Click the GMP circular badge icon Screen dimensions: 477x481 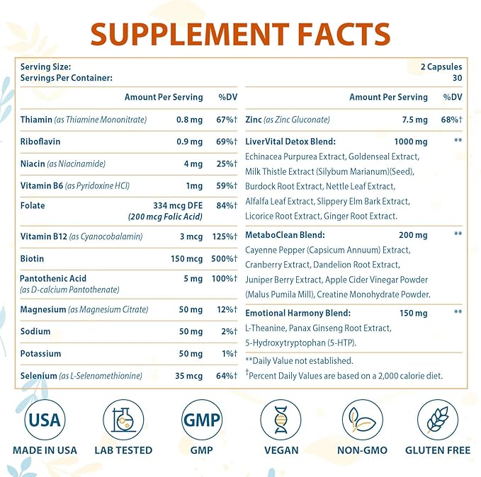(x=201, y=420)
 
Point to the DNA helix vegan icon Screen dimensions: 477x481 (x=281, y=420)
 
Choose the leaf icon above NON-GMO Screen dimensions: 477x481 (x=360, y=420)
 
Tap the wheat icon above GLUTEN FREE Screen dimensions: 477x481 (x=437, y=420)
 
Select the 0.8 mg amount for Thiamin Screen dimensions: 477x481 (x=189, y=120)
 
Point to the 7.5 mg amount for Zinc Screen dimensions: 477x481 (x=413, y=120)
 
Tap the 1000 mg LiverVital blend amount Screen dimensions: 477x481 (x=411, y=142)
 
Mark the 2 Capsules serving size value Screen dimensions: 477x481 (x=441, y=67)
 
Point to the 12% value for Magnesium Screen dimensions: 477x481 (x=227, y=309)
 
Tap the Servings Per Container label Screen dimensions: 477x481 (x=67, y=78)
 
